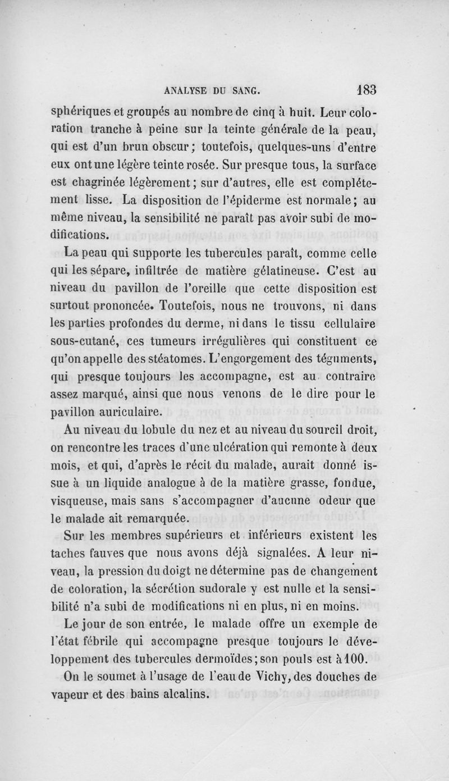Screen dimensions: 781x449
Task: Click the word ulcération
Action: [216, 450]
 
